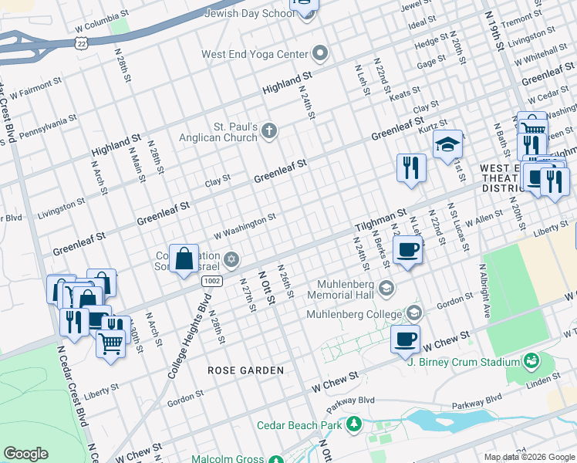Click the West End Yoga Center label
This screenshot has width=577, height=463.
[x=255, y=55]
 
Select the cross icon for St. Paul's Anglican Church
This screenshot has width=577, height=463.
[x=269, y=130]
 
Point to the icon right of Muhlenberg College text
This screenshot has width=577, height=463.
[x=414, y=313]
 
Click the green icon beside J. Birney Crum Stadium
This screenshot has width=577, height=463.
[x=531, y=361]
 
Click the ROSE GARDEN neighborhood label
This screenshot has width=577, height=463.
[x=245, y=370]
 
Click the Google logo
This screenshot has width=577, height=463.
[x=25, y=454]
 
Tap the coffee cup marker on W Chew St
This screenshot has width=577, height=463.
[x=405, y=339]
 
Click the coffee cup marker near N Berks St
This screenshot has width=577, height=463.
[x=408, y=249]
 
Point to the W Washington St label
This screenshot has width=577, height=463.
[x=245, y=227]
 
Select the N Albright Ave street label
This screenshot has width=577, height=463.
[x=485, y=286]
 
